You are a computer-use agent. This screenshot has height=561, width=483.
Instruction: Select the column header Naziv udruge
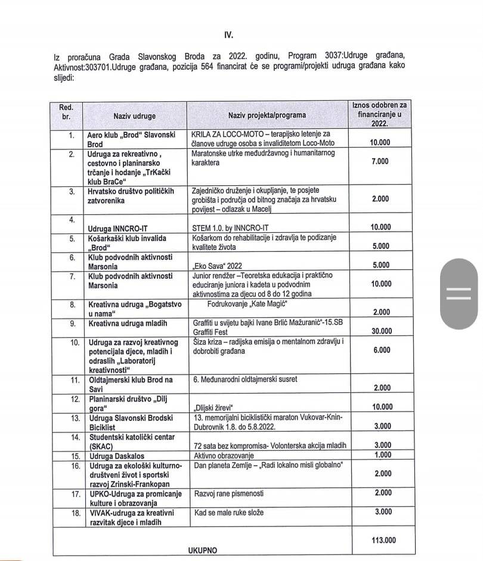[x=134, y=116]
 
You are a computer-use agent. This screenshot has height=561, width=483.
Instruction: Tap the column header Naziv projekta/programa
[x=267, y=116]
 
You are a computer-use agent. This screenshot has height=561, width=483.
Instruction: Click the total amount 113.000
[x=380, y=541]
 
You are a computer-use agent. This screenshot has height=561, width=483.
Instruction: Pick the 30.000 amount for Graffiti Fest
[x=380, y=332]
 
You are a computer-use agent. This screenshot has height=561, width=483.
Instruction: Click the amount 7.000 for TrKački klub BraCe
[x=380, y=161]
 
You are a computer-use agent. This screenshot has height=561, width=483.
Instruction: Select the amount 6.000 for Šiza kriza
[x=380, y=351]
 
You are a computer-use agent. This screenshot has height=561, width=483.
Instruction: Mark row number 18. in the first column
[x=75, y=512]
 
